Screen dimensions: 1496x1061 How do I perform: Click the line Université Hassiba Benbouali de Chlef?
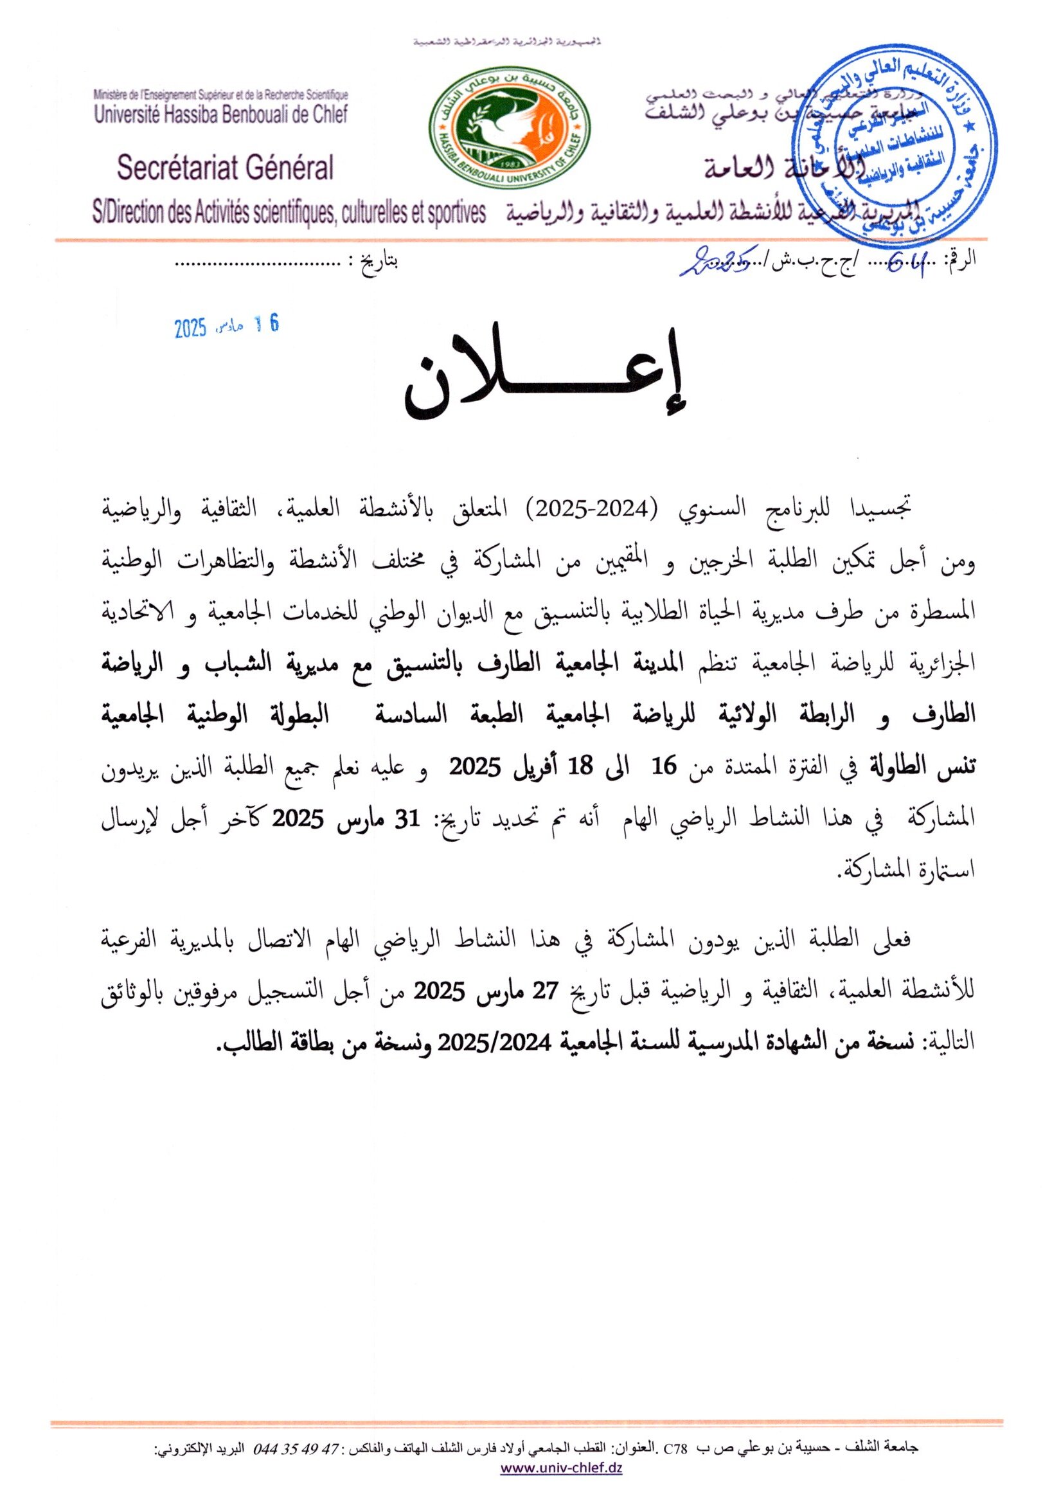(x=221, y=115)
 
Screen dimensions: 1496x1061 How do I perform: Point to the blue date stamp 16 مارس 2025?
(x=226, y=327)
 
